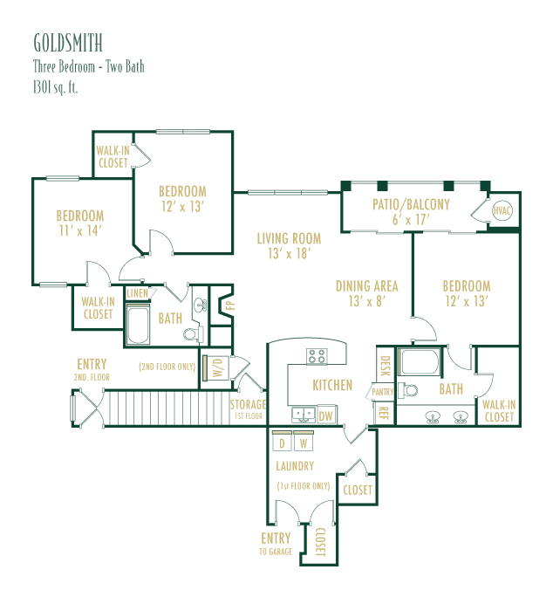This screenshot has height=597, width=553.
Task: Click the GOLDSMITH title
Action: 68,43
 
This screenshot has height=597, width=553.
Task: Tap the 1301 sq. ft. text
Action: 56,87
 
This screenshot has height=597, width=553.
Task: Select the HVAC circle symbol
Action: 502,210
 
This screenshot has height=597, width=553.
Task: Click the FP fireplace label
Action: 229,305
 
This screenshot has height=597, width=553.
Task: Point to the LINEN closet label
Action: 138,293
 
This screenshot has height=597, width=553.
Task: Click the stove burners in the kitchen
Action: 317,357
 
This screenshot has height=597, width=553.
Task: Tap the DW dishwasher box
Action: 326,415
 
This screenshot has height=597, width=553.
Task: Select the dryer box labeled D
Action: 282,441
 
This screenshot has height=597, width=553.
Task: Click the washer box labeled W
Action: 304,441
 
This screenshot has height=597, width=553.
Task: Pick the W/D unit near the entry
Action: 215,367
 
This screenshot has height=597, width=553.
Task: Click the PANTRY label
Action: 383,392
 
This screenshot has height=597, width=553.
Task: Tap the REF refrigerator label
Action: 384,413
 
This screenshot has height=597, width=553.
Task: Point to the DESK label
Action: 386,366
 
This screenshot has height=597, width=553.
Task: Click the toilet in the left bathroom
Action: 194,334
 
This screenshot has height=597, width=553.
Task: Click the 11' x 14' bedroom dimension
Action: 80,230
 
